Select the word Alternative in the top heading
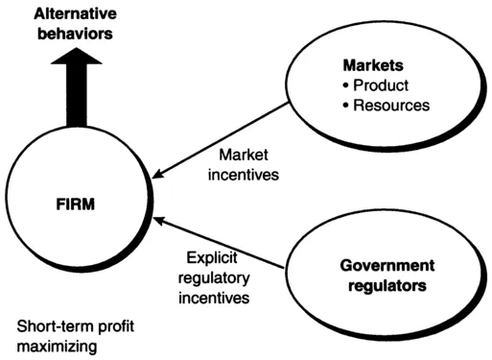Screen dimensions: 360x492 69,13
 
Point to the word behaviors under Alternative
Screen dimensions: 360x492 69,34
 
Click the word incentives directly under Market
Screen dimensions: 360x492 245,175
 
